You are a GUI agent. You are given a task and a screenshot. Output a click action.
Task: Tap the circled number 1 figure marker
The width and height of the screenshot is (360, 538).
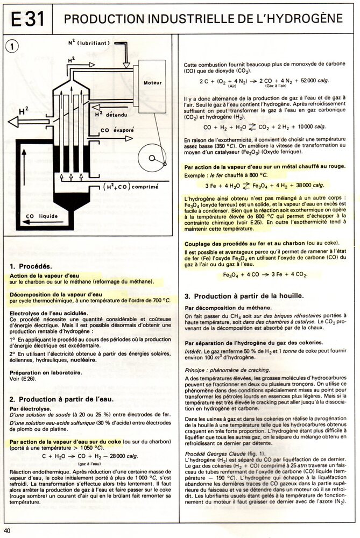[x=14, y=47]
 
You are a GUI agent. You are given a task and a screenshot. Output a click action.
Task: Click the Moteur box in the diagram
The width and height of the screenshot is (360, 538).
[x=153, y=83]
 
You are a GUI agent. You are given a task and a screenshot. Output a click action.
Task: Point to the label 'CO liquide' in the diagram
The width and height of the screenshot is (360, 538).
[x=41, y=216]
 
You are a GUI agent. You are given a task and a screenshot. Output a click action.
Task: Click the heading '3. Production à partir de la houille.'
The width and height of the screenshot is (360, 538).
[x=251, y=296]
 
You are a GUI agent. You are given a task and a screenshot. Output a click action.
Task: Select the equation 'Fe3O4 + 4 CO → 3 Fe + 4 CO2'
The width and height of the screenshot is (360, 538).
[x=265, y=275]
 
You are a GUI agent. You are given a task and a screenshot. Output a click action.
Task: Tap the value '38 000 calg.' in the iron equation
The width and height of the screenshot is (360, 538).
[x=309, y=183]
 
